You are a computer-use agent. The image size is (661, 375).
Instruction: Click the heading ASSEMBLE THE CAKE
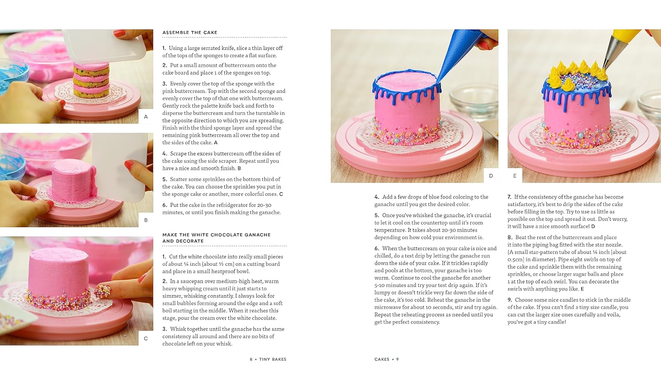(x=189, y=33)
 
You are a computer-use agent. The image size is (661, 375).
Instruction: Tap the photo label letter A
(x=146, y=117)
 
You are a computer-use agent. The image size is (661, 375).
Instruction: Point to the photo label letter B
(x=146, y=220)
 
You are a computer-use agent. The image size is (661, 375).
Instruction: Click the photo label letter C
(x=146, y=338)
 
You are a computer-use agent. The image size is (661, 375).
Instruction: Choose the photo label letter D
(x=491, y=176)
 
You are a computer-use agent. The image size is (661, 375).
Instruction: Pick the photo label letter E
(x=515, y=176)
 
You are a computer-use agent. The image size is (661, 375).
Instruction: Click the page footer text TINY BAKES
(x=272, y=360)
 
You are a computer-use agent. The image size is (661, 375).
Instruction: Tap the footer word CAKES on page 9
(x=382, y=360)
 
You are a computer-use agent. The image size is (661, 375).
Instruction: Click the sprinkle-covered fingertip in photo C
(x=103, y=291)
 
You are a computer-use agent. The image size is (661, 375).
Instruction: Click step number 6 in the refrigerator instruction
(x=164, y=205)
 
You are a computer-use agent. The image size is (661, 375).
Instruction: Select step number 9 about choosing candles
(x=509, y=300)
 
